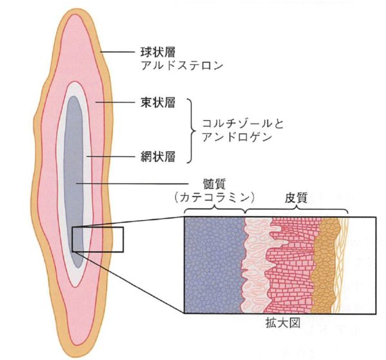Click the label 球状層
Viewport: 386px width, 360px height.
158,52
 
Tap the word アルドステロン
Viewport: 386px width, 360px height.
181,66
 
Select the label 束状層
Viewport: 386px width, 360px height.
158,102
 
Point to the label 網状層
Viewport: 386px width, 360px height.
158,156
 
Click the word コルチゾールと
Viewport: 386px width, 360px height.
243,123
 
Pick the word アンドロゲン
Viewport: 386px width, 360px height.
237,137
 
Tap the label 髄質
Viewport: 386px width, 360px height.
214,184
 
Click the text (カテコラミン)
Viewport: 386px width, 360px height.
214,197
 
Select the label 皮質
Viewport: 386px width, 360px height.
296,197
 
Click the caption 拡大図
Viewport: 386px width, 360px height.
283,323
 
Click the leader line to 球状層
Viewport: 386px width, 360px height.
118,52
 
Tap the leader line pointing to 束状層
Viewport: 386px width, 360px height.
115,102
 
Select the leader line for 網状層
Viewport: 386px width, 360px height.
111,156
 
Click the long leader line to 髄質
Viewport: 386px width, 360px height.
133,184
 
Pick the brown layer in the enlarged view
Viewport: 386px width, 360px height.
324,265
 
